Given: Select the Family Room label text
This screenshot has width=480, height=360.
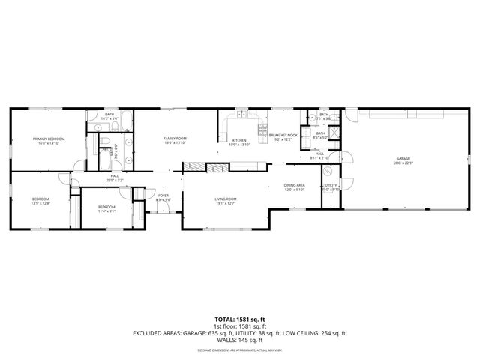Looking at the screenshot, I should (175, 140).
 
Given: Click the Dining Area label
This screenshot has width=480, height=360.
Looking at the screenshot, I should (294, 187).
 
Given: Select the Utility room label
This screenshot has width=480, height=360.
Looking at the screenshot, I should (331, 187).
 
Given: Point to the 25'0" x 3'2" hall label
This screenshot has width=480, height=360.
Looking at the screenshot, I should (115, 178).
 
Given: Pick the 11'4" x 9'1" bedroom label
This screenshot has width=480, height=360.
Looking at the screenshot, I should (106, 208).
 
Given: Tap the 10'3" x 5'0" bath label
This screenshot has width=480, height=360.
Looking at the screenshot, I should (110, 117).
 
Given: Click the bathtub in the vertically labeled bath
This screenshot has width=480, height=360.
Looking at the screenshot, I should (103, 158).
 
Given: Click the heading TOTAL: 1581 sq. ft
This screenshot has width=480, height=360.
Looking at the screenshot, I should (239, 319).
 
